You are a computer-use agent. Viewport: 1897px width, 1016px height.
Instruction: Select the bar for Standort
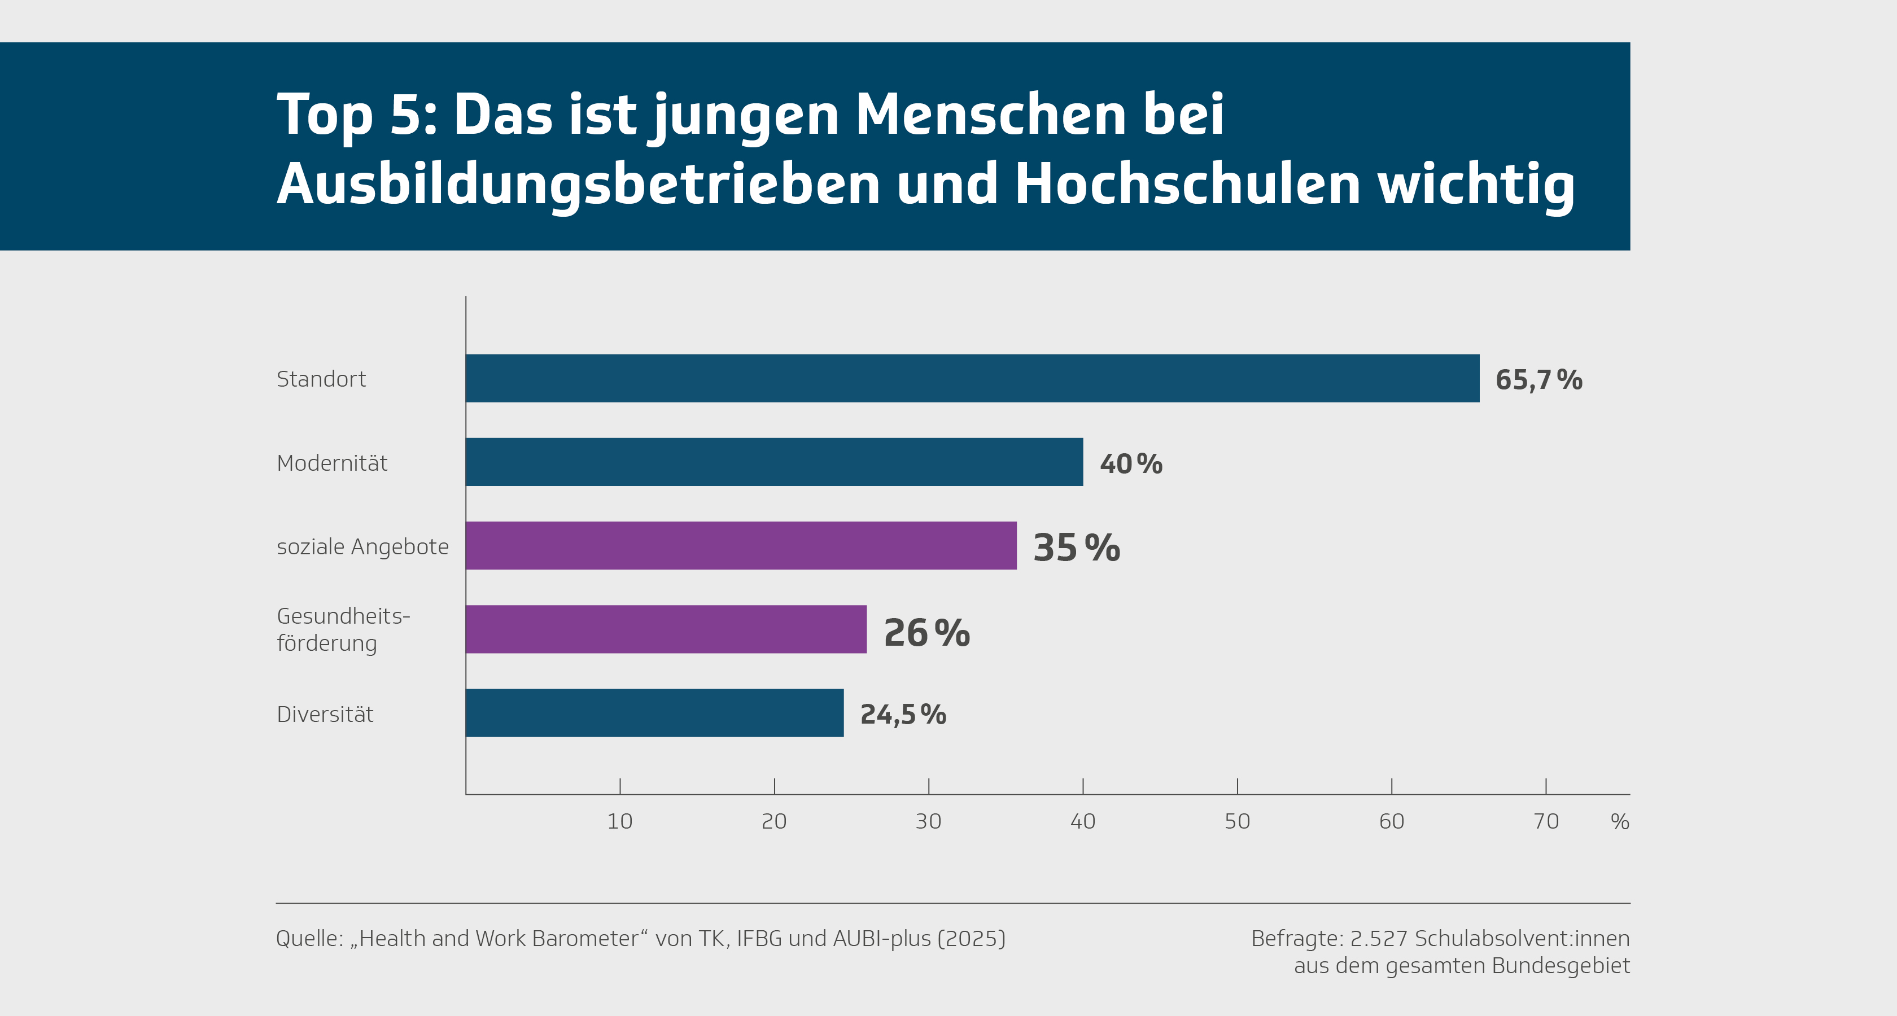pos(972,378)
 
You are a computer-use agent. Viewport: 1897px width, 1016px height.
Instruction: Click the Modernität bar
pos(774,462)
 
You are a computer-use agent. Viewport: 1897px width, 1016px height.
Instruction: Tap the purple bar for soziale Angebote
pos(741,546)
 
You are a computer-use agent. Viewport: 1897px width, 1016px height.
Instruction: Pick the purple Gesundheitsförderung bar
pos(666,629)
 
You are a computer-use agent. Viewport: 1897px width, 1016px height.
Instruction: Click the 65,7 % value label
pos(1538,380)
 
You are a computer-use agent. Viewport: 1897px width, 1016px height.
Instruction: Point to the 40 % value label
pos(1130,464)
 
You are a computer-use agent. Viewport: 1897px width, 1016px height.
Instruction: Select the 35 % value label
pos(1076,548)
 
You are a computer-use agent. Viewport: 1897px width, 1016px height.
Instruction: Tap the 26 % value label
pos(926,632)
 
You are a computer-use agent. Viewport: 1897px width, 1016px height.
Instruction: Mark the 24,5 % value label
pos(903,714)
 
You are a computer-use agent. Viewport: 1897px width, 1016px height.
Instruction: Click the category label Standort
pos(321,379)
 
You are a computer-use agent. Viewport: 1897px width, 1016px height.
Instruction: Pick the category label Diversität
pos(325,714)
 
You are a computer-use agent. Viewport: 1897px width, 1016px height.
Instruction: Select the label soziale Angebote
pos(362,546)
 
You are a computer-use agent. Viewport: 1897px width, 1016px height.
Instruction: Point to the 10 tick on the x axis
pos(619,821)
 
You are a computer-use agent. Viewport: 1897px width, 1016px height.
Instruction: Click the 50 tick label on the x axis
pos(1237,821)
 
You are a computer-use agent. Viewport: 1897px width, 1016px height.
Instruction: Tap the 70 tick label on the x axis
pos(1546,821)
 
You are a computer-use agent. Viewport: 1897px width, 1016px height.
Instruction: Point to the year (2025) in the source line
pos(971,939)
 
